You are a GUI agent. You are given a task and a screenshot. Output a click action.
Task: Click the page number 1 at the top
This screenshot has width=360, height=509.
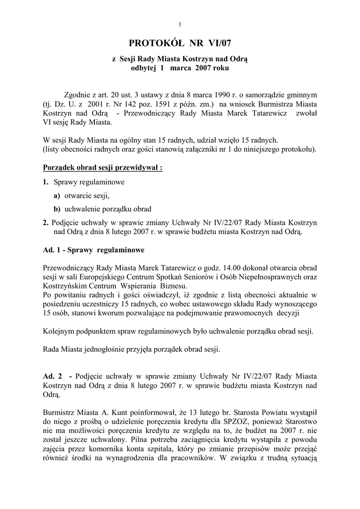(x=180, y=25)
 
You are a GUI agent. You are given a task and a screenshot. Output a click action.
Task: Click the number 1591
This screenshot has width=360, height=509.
(x=159, y=105)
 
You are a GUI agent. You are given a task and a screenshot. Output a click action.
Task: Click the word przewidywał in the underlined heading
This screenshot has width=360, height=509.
(x=136, y=168)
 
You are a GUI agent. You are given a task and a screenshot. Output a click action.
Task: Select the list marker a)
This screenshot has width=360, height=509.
(x=57, y=196)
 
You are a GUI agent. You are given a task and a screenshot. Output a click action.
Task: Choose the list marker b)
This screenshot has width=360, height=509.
(x=57, y=209)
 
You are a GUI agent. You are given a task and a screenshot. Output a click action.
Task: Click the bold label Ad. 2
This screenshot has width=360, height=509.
(x=52, y=376)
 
